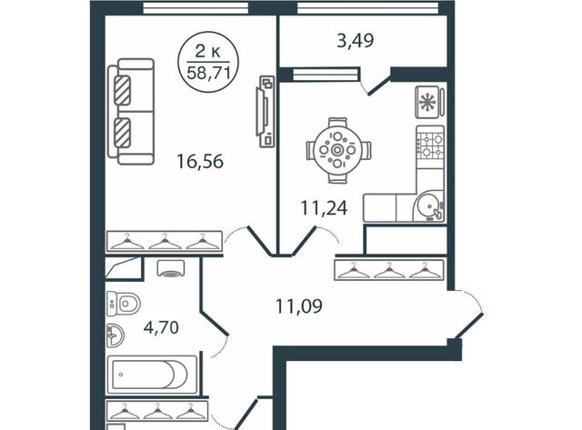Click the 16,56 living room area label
point(200,162)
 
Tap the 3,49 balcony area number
point(356,40)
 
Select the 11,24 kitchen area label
point(324,208)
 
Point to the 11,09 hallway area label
point(299,306)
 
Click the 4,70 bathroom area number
point(161,327)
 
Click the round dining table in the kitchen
point(337,150)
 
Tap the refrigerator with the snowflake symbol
point(430,102)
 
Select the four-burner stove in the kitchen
point(430,145)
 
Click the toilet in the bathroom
point(124,304)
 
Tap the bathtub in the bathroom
point(152,375)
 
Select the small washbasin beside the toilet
point(115,335)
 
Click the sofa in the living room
point(131,111)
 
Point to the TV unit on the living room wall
point(265,111)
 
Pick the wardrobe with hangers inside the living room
point(164,242)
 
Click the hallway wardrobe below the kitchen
point(389,270)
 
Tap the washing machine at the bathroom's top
point(171,268)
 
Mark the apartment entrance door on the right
point(469,326)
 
